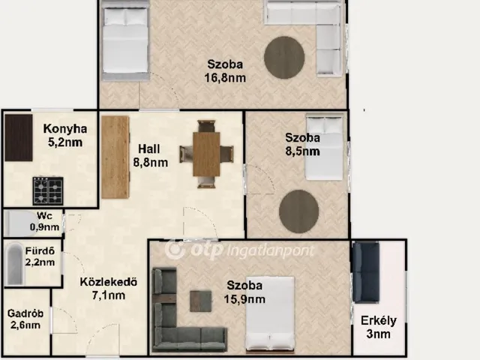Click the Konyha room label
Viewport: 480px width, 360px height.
click(x=65, y=129)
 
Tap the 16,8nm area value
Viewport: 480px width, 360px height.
click(x=225, y=78)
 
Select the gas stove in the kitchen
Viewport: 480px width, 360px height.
click(x=48, y=191)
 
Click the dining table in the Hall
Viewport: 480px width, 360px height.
click(x=206, y=154)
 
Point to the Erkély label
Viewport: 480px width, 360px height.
click(x=379, y=320)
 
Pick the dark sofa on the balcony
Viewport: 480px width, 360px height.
click(x=366, y=272)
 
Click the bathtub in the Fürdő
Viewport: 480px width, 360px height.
click(x=15, y=265)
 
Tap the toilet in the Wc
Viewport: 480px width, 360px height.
click(x=20, y=223)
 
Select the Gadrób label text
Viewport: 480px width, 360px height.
click(x=25, y=313)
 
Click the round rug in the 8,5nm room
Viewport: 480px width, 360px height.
click(x=298, y=211)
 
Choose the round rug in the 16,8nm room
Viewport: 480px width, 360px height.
click(x=284, y=58)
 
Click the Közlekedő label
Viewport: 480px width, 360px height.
click(x=108, y=282)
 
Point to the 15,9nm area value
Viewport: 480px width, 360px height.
click(x=244, y=299)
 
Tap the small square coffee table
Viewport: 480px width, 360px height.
click(x=200, y=301)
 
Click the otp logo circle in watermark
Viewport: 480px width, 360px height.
click(x=175, y=250)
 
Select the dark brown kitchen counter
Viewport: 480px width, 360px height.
click(x=19, y=138)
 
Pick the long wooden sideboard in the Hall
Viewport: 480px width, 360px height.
click(x=115, y=157)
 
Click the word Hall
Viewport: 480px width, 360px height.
click(x=149, y=149)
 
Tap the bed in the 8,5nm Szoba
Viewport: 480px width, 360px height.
click(x=325, y=148)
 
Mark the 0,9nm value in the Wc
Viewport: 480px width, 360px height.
click(x=44, y=227)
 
